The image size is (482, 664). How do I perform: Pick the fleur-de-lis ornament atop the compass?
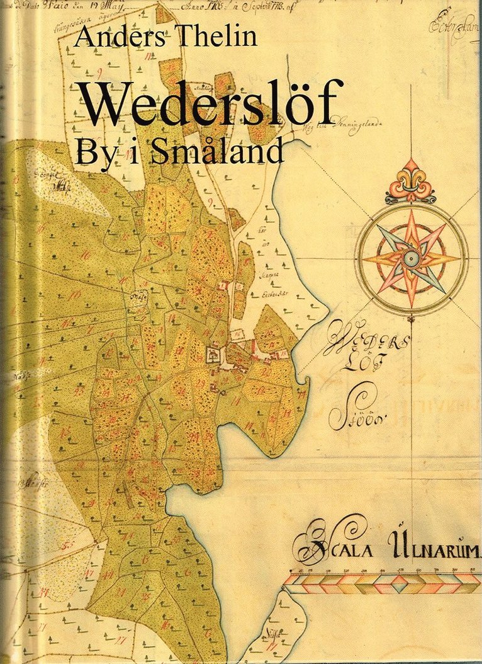411,181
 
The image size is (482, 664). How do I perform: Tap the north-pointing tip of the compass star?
411,211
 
